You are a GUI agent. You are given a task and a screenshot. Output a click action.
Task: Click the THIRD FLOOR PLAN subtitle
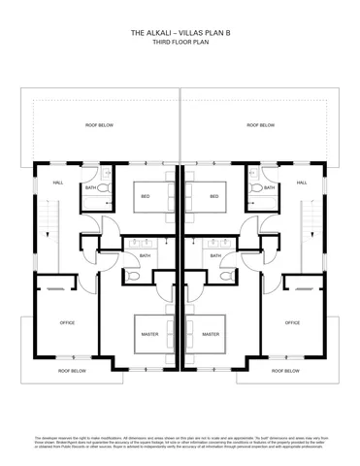click(x=180, y=43)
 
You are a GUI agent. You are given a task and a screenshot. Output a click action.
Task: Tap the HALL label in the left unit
click(x=58, y=182)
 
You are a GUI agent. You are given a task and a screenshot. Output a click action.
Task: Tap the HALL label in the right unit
click(x=301, y=182)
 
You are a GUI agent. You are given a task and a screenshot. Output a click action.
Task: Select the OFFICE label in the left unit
click(x=67, y=322)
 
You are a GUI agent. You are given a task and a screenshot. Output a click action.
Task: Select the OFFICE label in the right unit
click(x=292, y=322)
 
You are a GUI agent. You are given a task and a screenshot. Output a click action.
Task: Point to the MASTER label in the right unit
click(x=210, y=334)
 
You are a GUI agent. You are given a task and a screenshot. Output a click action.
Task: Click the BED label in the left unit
click(x=146, y=196)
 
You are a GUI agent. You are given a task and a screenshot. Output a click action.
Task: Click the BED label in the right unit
click(x=213, y=196)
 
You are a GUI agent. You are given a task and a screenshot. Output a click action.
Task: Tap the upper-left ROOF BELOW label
click(x=99, y=125)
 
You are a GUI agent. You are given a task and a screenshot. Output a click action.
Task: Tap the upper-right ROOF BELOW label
click(x=260, y=125)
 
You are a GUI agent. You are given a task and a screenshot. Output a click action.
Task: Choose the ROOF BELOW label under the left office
click(x=72, y=371)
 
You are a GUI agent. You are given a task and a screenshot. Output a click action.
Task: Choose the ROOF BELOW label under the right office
click(x=287, y=371)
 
